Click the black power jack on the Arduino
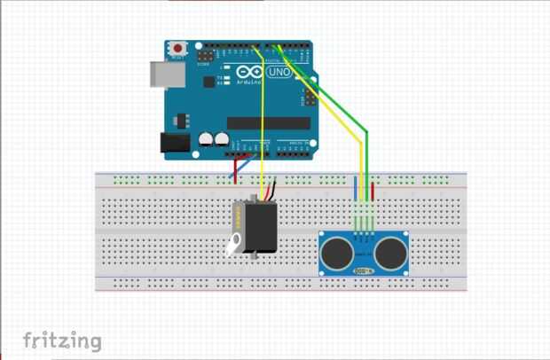(174, 141)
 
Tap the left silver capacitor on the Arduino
(205, 139)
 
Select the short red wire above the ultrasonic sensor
(372, 190)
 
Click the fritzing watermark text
(62, 340)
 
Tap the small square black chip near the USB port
(209, 82)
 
